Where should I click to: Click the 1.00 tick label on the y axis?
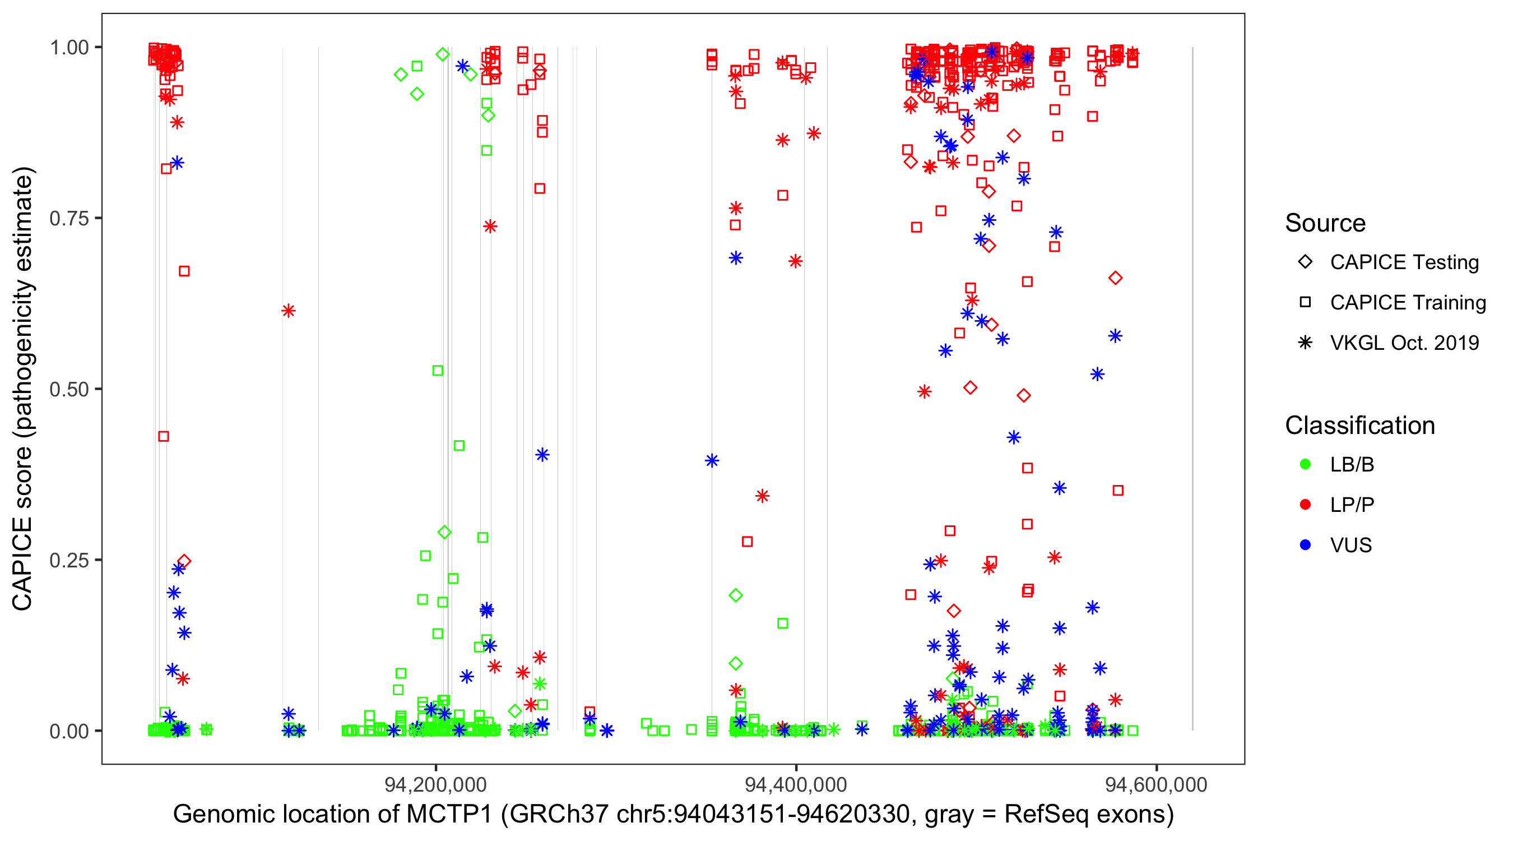click(69, 48)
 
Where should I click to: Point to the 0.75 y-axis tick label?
click(69, 219)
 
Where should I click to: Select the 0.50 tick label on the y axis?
click(69, 390)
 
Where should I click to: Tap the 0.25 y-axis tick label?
click(69, 560)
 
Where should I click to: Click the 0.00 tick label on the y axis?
click(69, 731)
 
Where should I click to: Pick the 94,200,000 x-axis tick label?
click(435, 784)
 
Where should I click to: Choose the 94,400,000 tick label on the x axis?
click(796, 784)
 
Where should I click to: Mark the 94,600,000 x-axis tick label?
click(1156, 784)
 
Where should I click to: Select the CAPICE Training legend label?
click(1408, 303)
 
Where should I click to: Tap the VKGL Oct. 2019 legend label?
click(1404, 343)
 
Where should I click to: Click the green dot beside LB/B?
click(1305, 464)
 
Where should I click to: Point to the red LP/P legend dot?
click(1305, 505)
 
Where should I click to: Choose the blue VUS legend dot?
click(1305, 546)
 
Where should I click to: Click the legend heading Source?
click(1325, 223)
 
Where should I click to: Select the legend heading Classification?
click(1359, 426)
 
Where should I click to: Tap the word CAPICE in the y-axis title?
click(22, 564)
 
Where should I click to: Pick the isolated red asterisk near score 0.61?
click(288, 311)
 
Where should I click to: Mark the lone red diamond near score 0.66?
click(1115, 278)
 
